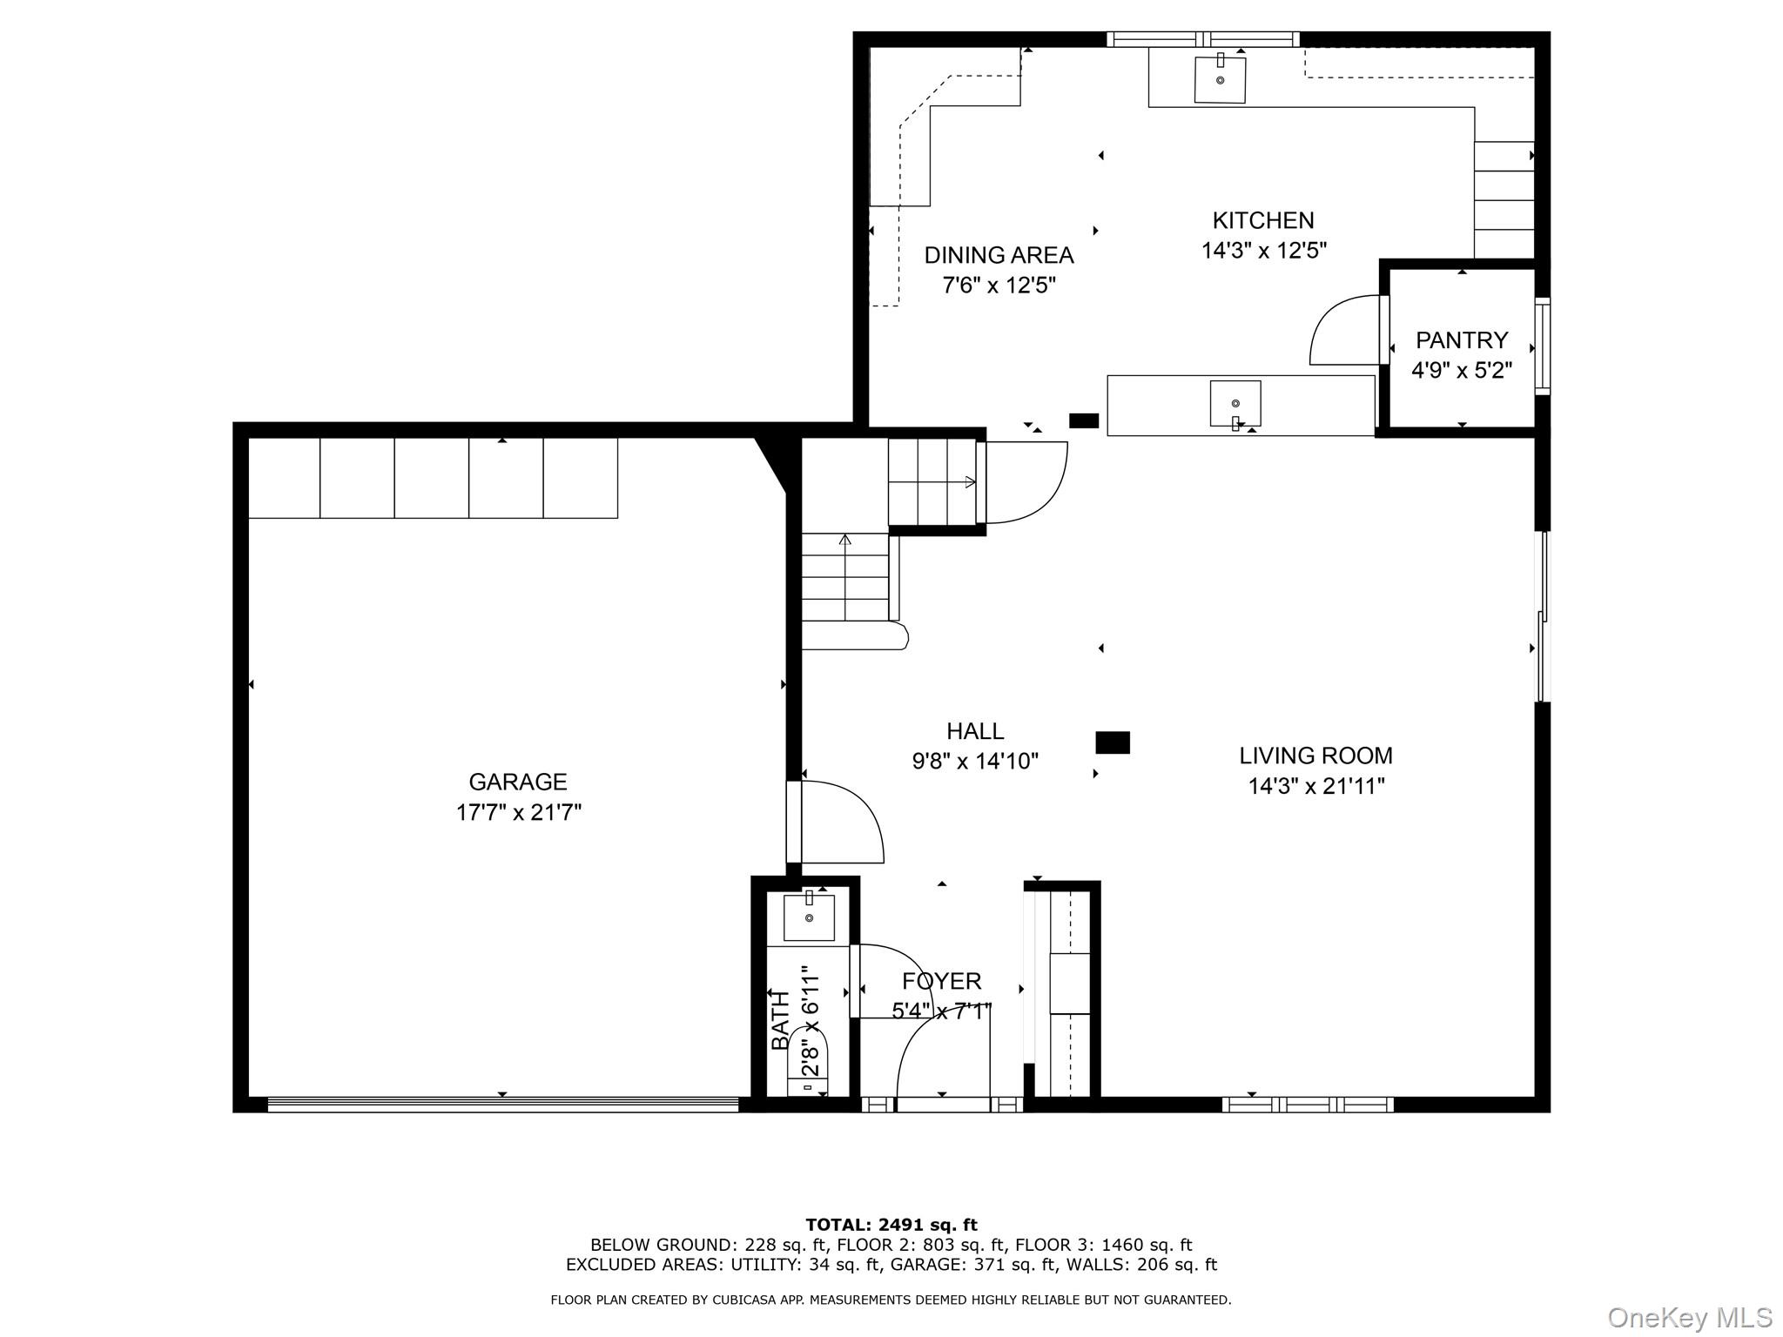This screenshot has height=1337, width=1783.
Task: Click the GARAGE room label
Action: (518, 782)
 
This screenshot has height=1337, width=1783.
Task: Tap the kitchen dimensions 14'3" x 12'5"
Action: (1263, 252)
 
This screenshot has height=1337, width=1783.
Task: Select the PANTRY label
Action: (1461, 339)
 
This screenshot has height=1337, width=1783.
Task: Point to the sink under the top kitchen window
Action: (1220, 79)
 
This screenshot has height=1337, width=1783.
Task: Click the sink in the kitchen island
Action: (1235, 403)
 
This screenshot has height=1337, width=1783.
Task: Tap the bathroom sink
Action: (809, 917)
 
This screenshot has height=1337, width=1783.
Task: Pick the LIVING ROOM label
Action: (1315, 756)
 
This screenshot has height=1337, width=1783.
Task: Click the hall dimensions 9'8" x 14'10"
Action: (975, 762)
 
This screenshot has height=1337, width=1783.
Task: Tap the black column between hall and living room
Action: (1112, 742)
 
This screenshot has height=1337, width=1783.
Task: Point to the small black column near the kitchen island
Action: (1084, 421)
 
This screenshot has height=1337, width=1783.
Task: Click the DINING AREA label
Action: (999, 255)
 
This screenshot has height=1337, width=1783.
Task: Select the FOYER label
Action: (941, 981)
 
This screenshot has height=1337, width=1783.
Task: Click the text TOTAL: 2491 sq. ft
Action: (891, 1226)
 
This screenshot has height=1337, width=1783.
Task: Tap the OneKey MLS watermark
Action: (1689, 1318)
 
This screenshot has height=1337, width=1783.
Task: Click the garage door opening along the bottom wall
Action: (502, 1105)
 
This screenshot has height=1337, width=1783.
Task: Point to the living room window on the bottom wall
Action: (1307, 1105)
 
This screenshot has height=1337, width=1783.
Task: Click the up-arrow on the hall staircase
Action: (844, 540)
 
